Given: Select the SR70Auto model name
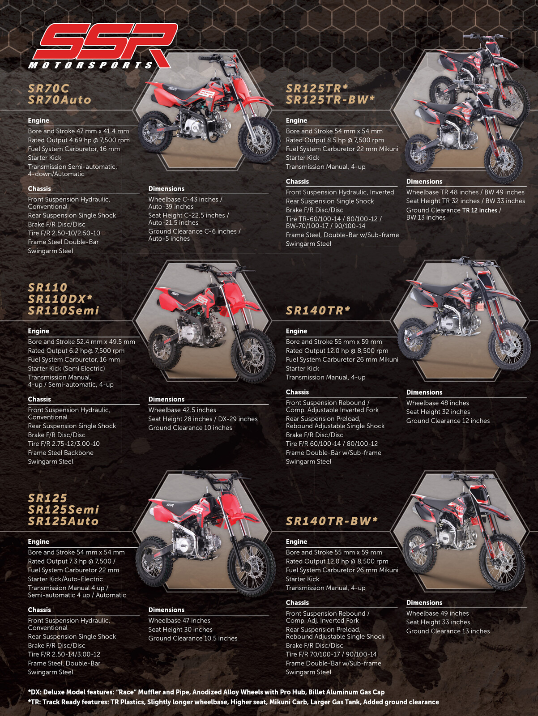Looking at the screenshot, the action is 60,100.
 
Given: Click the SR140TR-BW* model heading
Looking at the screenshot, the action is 332,521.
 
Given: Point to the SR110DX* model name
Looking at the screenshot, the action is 60,299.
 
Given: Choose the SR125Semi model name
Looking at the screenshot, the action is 63,510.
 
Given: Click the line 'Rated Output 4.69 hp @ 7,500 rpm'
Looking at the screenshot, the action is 79,140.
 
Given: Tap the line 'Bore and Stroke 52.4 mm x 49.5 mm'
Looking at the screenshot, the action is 81,341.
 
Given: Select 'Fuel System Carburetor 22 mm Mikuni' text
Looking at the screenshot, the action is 342,149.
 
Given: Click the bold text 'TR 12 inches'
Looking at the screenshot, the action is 480,210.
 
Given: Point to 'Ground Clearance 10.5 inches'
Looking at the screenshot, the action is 193,638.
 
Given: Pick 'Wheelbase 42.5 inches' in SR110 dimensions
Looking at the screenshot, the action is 182,410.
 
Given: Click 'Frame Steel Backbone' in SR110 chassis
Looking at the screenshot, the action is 61,452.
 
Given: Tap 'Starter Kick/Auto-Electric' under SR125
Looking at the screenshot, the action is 65,579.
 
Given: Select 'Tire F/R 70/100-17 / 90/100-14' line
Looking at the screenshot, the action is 331,654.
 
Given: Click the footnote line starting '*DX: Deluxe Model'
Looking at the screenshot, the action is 206,692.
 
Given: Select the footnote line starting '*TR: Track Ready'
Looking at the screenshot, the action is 233,702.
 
